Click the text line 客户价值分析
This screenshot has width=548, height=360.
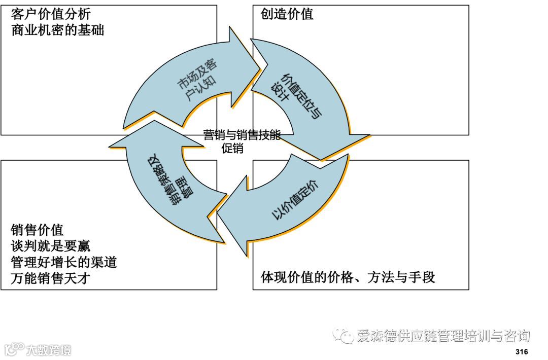51,13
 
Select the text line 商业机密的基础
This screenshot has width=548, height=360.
57,30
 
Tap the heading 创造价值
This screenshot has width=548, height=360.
287,14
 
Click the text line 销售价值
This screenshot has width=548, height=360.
37,230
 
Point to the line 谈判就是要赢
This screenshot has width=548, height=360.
50,246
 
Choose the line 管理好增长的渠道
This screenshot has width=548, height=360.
64,262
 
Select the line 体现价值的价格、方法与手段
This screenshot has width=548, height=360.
348,277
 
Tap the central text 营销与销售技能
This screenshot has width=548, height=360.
242,135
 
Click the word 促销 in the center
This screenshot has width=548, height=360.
232,149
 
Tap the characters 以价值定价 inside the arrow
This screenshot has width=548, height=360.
296,200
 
